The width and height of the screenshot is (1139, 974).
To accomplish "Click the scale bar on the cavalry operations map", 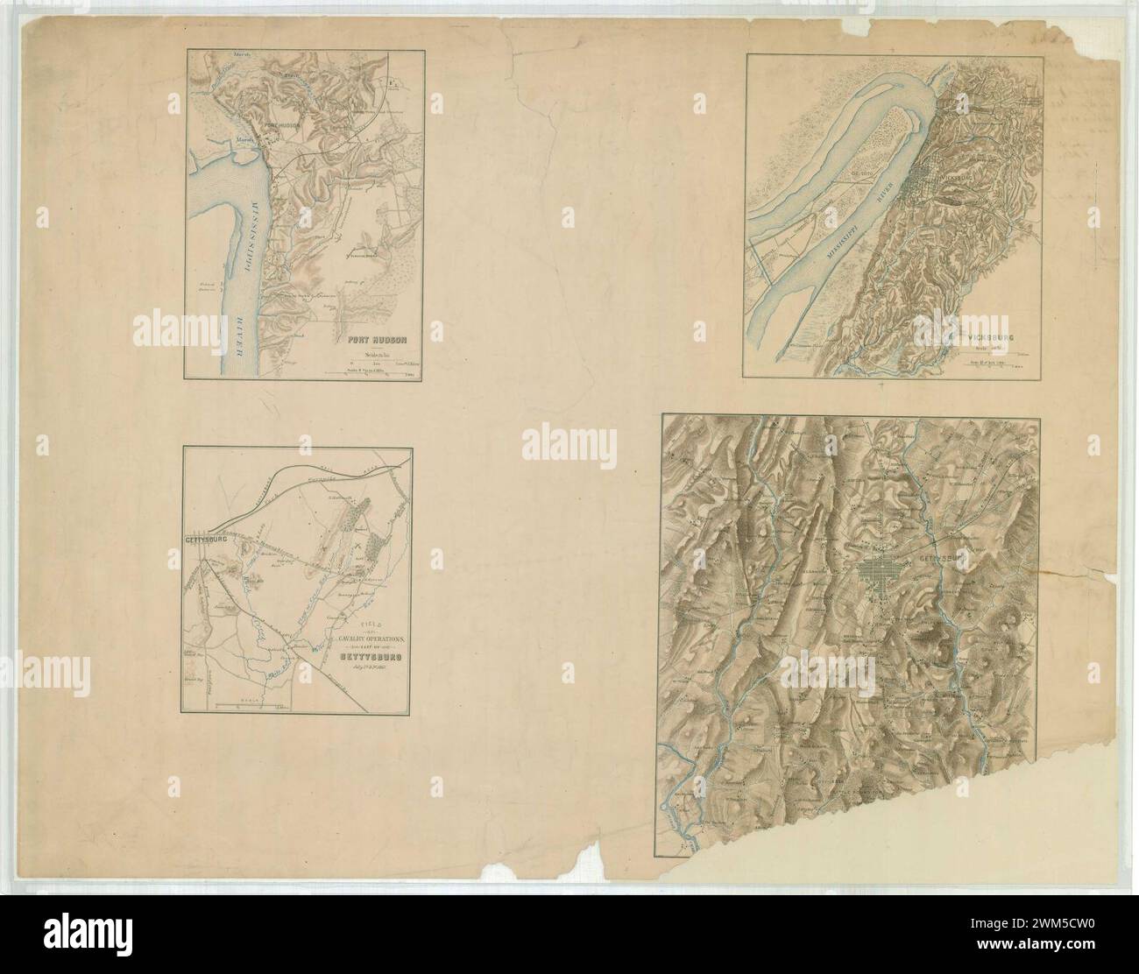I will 255,703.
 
